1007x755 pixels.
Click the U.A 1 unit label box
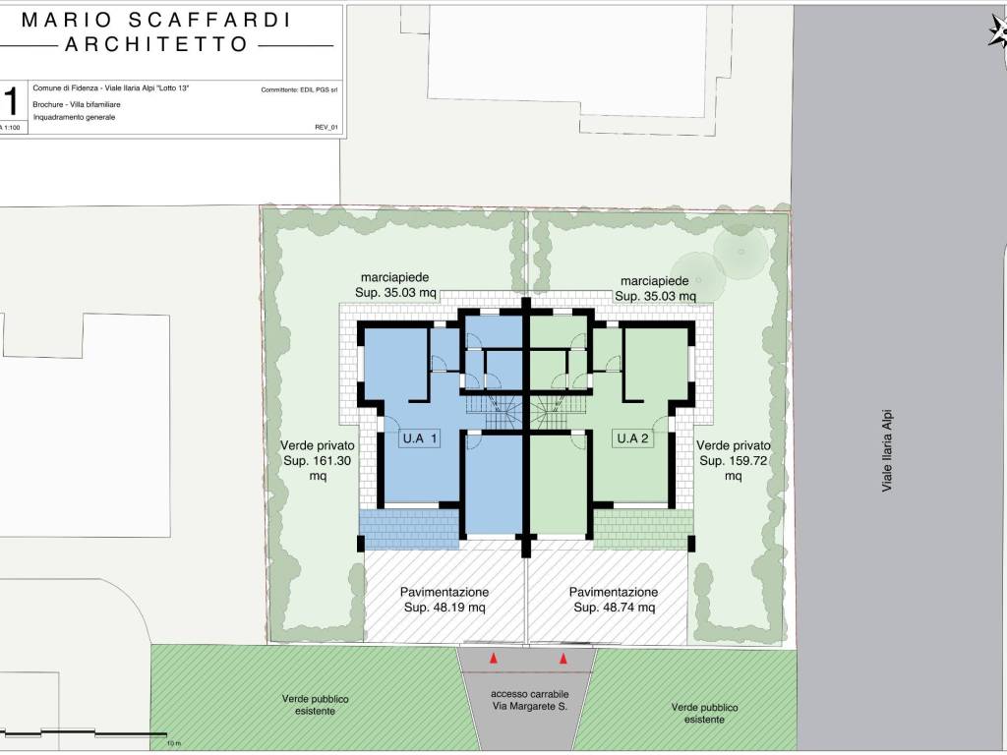pos(419,438)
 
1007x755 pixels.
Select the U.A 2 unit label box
pos(633,438)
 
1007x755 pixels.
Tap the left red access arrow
pos(494,658)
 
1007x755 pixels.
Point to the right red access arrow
pos(563,658)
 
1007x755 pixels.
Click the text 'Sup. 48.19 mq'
pos(444,608)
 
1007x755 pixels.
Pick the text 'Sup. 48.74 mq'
pos(615,608)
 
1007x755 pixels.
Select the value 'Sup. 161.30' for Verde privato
pos(318,461)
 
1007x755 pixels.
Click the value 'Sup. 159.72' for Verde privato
pos(734,461)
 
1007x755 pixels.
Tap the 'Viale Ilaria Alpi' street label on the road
pos(887,450)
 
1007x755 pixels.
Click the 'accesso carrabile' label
pos(530,694)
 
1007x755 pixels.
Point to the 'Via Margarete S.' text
pos(530,707)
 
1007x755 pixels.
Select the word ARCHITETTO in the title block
pos(156,44)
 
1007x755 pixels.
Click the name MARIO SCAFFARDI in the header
pos(156,20)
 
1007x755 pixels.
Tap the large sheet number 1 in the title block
pos(11,102)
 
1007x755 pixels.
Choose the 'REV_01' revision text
pos(326,127)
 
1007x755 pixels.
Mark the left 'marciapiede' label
pos(395,277)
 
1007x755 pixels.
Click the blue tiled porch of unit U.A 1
pos(409,529)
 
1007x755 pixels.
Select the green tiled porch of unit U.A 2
pos(643,529)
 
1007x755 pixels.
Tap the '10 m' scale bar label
pos(174,743)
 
